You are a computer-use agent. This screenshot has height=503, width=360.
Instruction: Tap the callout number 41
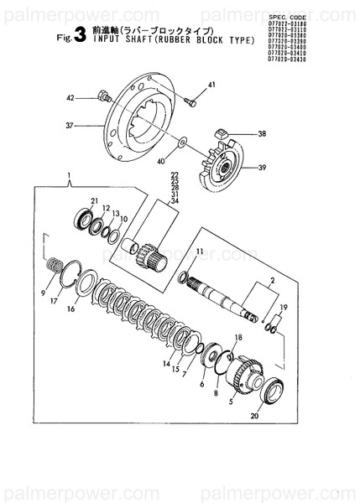211,86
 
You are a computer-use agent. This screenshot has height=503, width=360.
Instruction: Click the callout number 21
95,200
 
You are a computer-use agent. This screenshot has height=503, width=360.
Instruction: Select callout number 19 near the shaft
283,307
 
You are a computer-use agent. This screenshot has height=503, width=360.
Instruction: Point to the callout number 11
199,251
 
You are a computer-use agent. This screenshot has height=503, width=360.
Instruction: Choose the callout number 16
71,309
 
